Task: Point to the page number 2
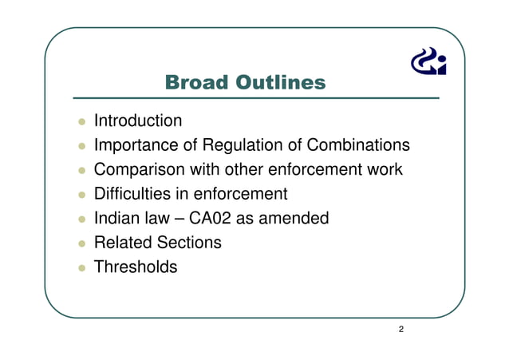click(x=400, y=329)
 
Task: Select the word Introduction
click(x=138, y=121)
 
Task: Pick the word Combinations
click(x=360, y=145)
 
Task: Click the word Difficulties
click(x=132, y=194)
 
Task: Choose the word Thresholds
click(x=136, y=267)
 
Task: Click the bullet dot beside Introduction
click(x=81, y=122)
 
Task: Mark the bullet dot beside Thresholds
click(x=81, y=267)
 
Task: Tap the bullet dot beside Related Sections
click(x=81, y=243)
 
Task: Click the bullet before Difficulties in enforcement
click(x=81, y=195)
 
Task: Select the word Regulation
click(x=240, y=145)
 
